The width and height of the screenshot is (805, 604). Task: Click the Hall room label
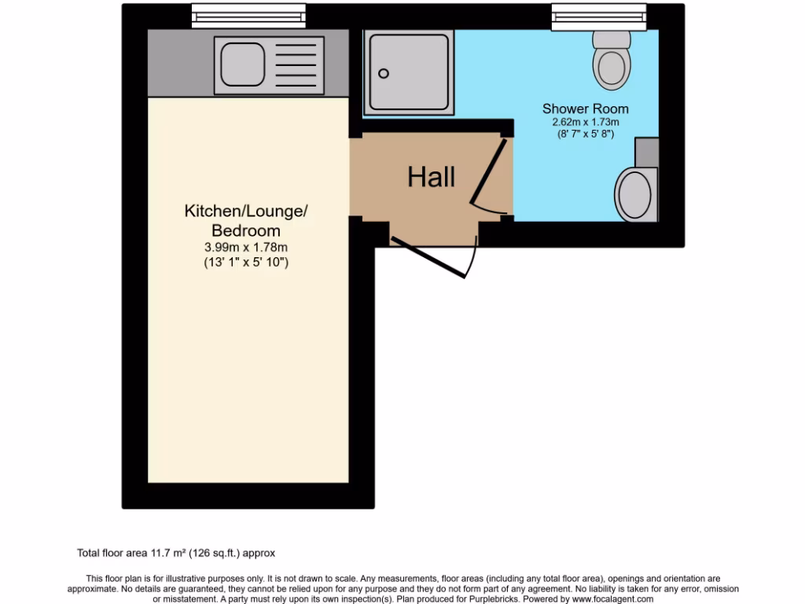coord(431,177)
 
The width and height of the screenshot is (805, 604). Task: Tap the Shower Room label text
coord(586,109)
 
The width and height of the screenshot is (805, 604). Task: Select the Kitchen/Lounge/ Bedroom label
coord(246,220)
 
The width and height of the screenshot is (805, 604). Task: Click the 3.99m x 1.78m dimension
coord(246,248)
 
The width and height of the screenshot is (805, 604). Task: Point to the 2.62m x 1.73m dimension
coord(586,122)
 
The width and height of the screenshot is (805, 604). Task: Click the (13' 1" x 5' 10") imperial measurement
coord(246,262)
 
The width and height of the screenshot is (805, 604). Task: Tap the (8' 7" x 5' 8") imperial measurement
coord(586,134)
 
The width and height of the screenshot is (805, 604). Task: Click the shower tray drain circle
coord(384,74)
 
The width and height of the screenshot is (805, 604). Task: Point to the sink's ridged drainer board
coord(296,63)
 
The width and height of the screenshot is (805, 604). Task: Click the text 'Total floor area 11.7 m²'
coord(142,553)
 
